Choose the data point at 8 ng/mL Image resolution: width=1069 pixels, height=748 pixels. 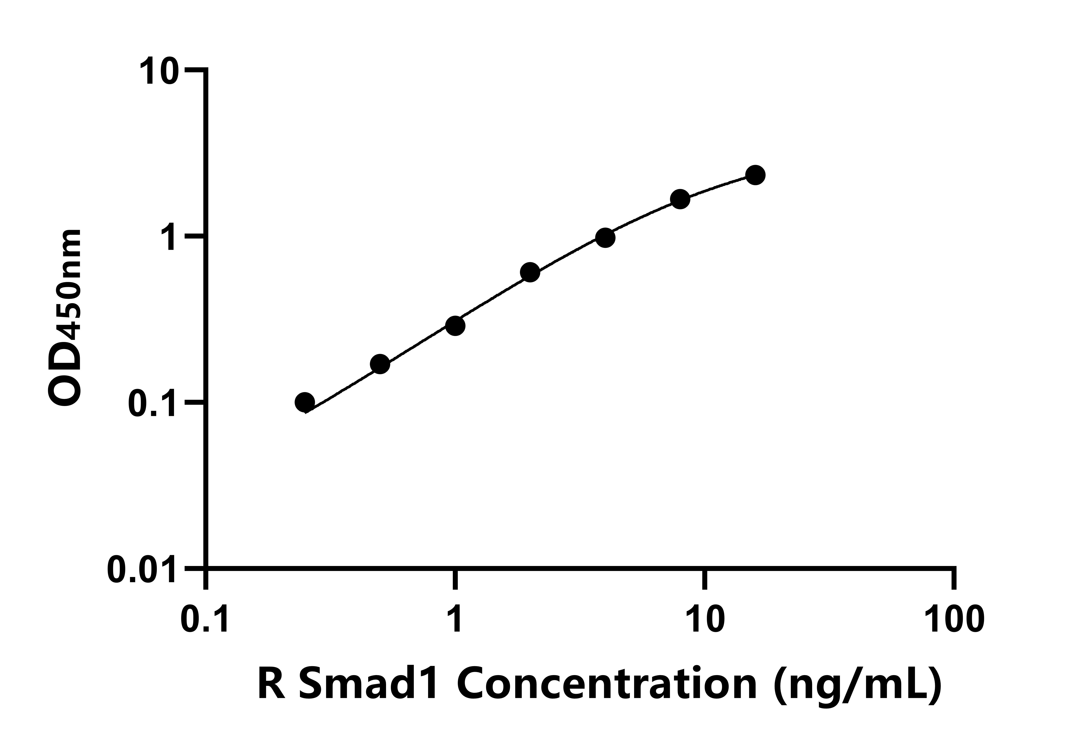click(x=680, y=199)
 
